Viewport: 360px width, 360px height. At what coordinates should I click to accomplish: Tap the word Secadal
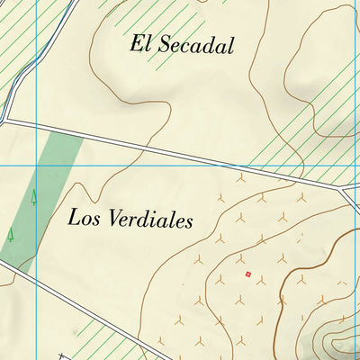tap(195, 46)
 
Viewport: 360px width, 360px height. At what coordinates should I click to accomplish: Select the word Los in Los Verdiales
tap(83, 217)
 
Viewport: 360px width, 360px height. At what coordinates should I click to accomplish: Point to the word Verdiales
tap(150, 219)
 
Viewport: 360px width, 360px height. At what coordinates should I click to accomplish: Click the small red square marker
tap(247, 274)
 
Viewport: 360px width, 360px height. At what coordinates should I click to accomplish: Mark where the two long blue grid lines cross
tap(36, 166)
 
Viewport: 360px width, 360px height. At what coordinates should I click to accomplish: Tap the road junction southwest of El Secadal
tap(5, 120)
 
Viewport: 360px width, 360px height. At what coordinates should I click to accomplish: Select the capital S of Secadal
tap(163, 45)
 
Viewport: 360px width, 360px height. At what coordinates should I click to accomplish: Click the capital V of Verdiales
tap(116, 218)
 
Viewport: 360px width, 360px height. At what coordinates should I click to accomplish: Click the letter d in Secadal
tap(212, 46)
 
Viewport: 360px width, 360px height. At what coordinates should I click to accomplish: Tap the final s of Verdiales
tap(189, 221)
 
